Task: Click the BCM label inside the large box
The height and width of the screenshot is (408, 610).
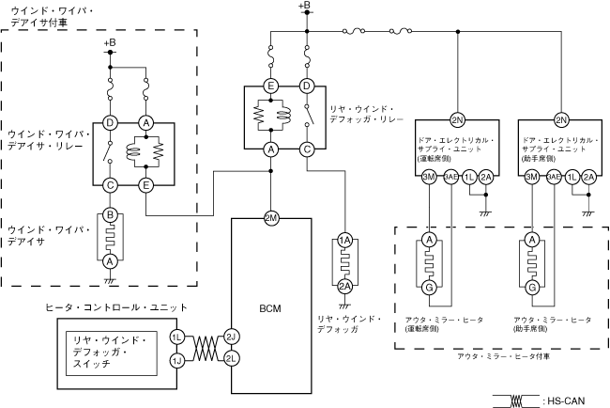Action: pos(270,308)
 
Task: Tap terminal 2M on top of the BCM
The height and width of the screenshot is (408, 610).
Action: pos(270,217)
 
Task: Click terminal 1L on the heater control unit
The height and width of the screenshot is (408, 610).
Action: pos(176,337)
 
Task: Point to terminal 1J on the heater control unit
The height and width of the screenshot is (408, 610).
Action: pos(176,359)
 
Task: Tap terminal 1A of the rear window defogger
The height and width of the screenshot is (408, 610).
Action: pos(344,242)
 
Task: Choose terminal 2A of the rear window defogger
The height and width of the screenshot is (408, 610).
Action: pos(344,286)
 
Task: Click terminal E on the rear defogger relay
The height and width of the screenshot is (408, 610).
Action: pos(270,86)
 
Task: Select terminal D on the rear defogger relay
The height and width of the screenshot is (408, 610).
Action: pos(307,86)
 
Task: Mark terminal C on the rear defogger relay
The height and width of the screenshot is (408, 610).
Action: pos(307,149)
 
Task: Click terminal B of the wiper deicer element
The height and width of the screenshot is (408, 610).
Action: pos(110,215)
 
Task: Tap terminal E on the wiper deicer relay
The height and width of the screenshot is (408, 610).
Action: pos(146,186)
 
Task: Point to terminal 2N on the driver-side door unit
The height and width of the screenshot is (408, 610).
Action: pos(457,121)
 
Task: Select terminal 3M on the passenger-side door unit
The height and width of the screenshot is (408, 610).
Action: pos(531,177)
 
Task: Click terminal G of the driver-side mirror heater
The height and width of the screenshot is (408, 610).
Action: pos(429,287)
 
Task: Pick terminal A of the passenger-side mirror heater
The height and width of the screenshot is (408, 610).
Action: pos(531,241)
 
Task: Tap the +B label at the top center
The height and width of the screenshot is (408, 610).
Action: pos(303,8)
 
